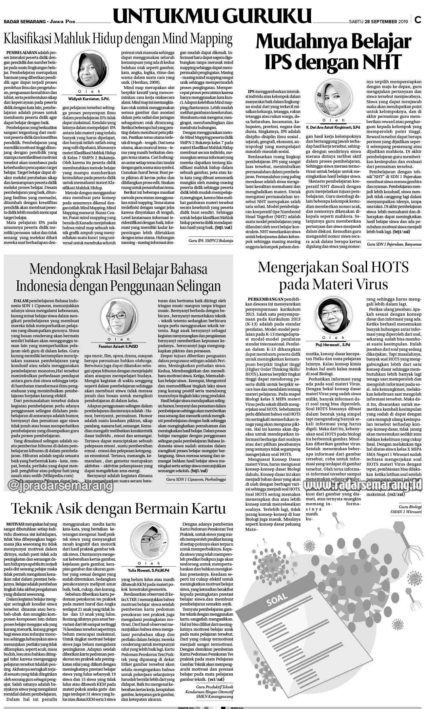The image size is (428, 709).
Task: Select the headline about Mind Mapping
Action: coord(118,39)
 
